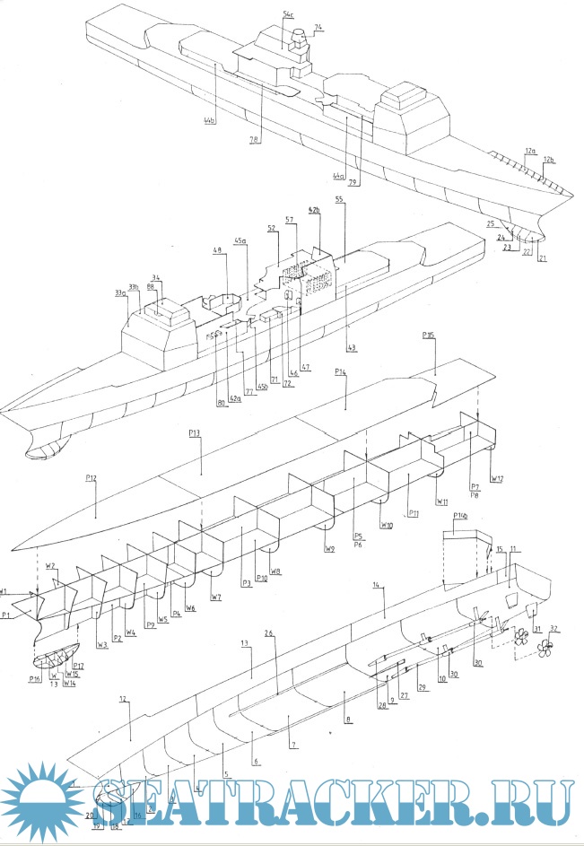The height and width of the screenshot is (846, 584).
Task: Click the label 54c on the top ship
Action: tap(288, 15)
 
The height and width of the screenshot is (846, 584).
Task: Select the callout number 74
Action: tap(318, 28)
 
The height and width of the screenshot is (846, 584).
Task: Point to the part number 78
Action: tap(254, 140)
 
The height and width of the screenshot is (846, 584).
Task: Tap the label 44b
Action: tap(210, 119)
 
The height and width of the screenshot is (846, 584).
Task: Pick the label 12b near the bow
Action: tap(549, 161)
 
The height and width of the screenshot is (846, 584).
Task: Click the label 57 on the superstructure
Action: tap(291, 219)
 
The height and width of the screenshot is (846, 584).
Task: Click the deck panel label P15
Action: tap(427, 336)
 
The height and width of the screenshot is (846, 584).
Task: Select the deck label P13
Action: tap(195, 433)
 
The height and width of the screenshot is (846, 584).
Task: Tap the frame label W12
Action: tap(496, 477)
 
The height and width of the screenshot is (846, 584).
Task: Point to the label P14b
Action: tap(461, 516)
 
